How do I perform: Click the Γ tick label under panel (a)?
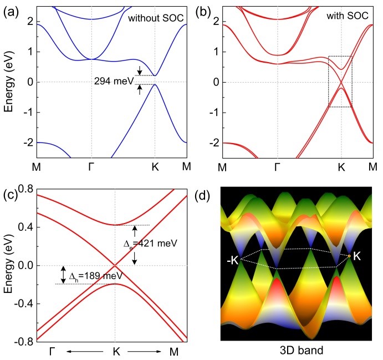(x=91, y=167)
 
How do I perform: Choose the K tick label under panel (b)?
(x=341, y=167)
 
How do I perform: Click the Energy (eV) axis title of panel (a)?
(x=9, y=82)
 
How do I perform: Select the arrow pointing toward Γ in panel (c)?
(x=84, y=352)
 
